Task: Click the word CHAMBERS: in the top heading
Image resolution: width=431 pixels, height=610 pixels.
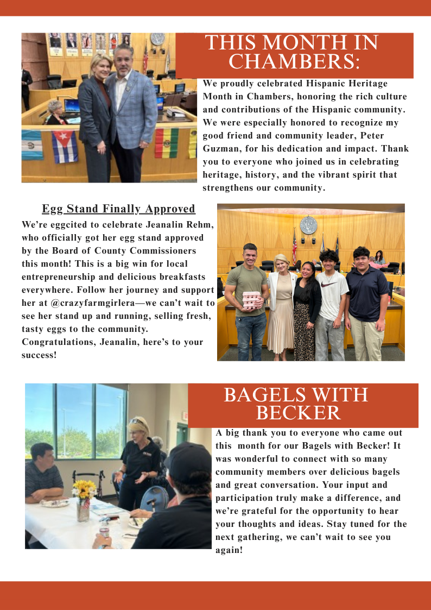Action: click(x=294, y=61)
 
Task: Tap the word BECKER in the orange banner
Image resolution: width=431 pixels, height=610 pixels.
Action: click(x=298, y=413)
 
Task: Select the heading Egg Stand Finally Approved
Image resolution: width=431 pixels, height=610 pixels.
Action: click(x=118, y=209)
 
